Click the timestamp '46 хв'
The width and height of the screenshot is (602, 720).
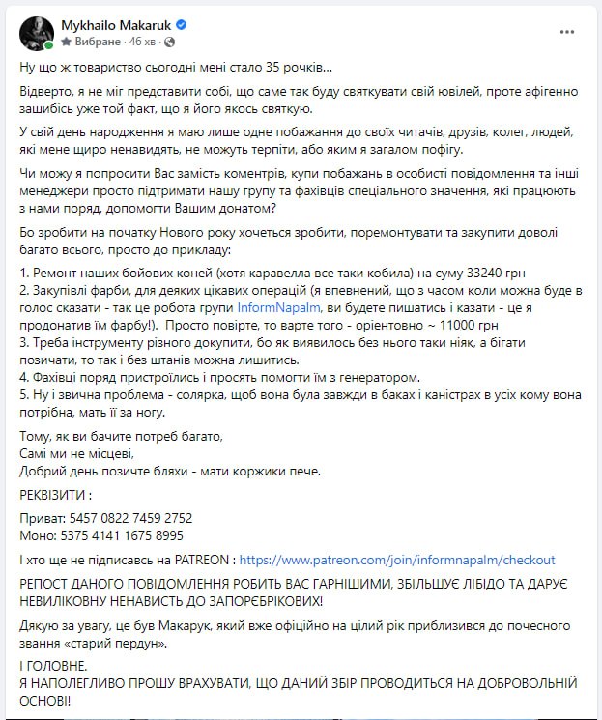[x=142, y=43]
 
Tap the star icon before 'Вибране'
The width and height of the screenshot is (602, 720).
[x=66, y=43]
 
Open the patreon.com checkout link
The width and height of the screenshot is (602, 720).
[x=397, y=559]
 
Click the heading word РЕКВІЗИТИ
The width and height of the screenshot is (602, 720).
[x=56, y=494]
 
